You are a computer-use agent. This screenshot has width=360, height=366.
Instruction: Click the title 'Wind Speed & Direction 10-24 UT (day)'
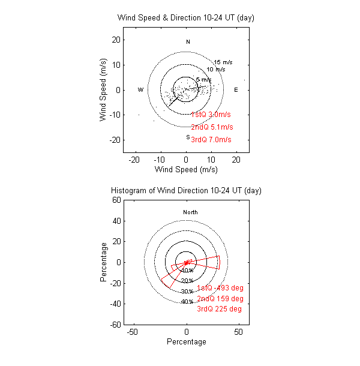click(x=186, y=18)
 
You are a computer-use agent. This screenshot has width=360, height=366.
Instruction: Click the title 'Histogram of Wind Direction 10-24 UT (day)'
click(x=186, y=190)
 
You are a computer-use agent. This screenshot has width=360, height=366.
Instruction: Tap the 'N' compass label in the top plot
click(x=188, y=42)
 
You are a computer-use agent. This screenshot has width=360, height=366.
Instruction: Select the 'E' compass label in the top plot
click(x=236, y=90)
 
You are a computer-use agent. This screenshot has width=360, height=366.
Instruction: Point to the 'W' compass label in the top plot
click(x=140, y=90)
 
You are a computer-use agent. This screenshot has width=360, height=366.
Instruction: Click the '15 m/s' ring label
click(x=223, y=62)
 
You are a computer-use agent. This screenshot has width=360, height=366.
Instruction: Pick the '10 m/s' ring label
click(x=216, y=70)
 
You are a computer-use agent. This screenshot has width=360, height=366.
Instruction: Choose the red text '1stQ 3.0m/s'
click(x=211, y=115)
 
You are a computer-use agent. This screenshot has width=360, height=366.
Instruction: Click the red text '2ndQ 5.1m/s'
click(x=211, y=127)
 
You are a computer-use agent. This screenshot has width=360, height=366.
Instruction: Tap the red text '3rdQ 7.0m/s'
click(x=211, y=140)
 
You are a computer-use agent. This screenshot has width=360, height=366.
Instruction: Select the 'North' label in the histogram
click(x=190, y=212)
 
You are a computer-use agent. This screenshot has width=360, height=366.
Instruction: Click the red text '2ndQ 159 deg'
click(x=220, y=298)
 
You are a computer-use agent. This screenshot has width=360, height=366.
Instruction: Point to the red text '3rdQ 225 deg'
click(x=220, y=309)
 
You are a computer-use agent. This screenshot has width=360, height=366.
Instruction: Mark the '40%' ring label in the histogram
click(x=187, y=301)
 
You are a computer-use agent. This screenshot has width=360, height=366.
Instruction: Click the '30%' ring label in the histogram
click(x=187, y=291)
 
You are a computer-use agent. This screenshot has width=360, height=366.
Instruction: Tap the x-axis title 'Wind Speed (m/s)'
click(x=186, y=170)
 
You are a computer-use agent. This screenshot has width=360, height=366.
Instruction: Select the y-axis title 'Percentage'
click(x=104, y=262)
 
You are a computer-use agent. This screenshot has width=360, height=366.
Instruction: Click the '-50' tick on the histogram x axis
click(x=134, y=332)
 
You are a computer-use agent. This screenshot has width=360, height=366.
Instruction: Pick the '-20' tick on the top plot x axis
click(x=136, y=160)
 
